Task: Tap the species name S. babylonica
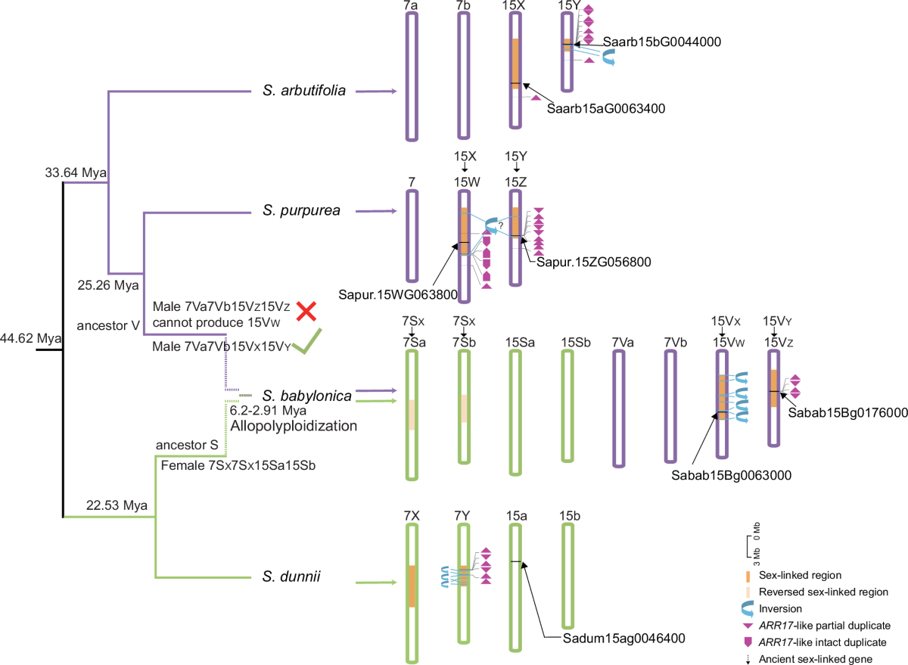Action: pyautogui.click(x=306, y=396)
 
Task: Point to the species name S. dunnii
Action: pyautogui.click(x=292, y=577)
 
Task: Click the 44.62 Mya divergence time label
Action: pyautogui.click(x=30, y=337)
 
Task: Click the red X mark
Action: pyautogui.click(x=306, y=311)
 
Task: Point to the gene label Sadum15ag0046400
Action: pyautogui.click(x=624, y=639)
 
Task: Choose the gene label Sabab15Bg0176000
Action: pyautogui.click(x=847, y=413)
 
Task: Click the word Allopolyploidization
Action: pyautogui.click(x=293, y=426)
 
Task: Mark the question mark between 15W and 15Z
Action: pyautogui.click(x=500, y=233)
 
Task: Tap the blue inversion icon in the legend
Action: pyautogui.click(x=748, y=608)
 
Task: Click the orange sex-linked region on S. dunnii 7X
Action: pyautogui.click(x=412, y=586)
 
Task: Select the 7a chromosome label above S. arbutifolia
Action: pyautogui.click(x=412, y=6)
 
